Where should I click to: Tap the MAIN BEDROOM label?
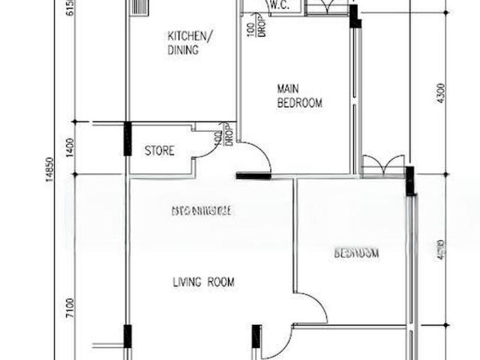tap(299, 95)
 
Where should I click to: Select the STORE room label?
tap(159, 151)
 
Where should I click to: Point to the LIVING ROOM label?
tap(203, 283)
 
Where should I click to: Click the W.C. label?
tap(279, 5)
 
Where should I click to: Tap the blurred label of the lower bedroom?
tap(356, 253)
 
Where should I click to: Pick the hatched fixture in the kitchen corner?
tap(139, 7)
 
